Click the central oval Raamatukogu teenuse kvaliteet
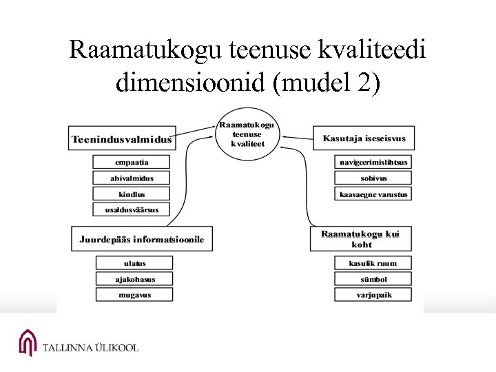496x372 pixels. (x=247, y=134)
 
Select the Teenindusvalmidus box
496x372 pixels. (x=121, y=139)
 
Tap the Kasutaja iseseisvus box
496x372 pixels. (x=364, y=138)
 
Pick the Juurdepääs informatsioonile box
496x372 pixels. (x=142, y=239)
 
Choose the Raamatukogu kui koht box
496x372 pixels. (x=361, y=239)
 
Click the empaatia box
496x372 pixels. (x=131, y=163)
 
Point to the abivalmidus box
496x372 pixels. (x=131, y=178)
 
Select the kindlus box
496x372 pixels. (x=131, y=194)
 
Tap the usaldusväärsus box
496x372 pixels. (x=131, y=210)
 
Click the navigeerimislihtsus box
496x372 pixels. (x=373, y=163)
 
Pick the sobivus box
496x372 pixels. (x=373, y=178)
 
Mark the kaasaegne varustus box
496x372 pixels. (x=373, y=194)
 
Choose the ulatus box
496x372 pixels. (x=134, y=263)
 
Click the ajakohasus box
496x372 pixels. (x=134, y=279)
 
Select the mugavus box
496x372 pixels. (x=134, y=295)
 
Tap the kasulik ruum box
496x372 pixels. (x=373, y=263)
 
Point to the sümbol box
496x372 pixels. (x=373, y=279)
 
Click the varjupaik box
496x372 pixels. (x=373, y=295)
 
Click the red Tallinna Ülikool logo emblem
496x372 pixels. (x=28, y=342)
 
